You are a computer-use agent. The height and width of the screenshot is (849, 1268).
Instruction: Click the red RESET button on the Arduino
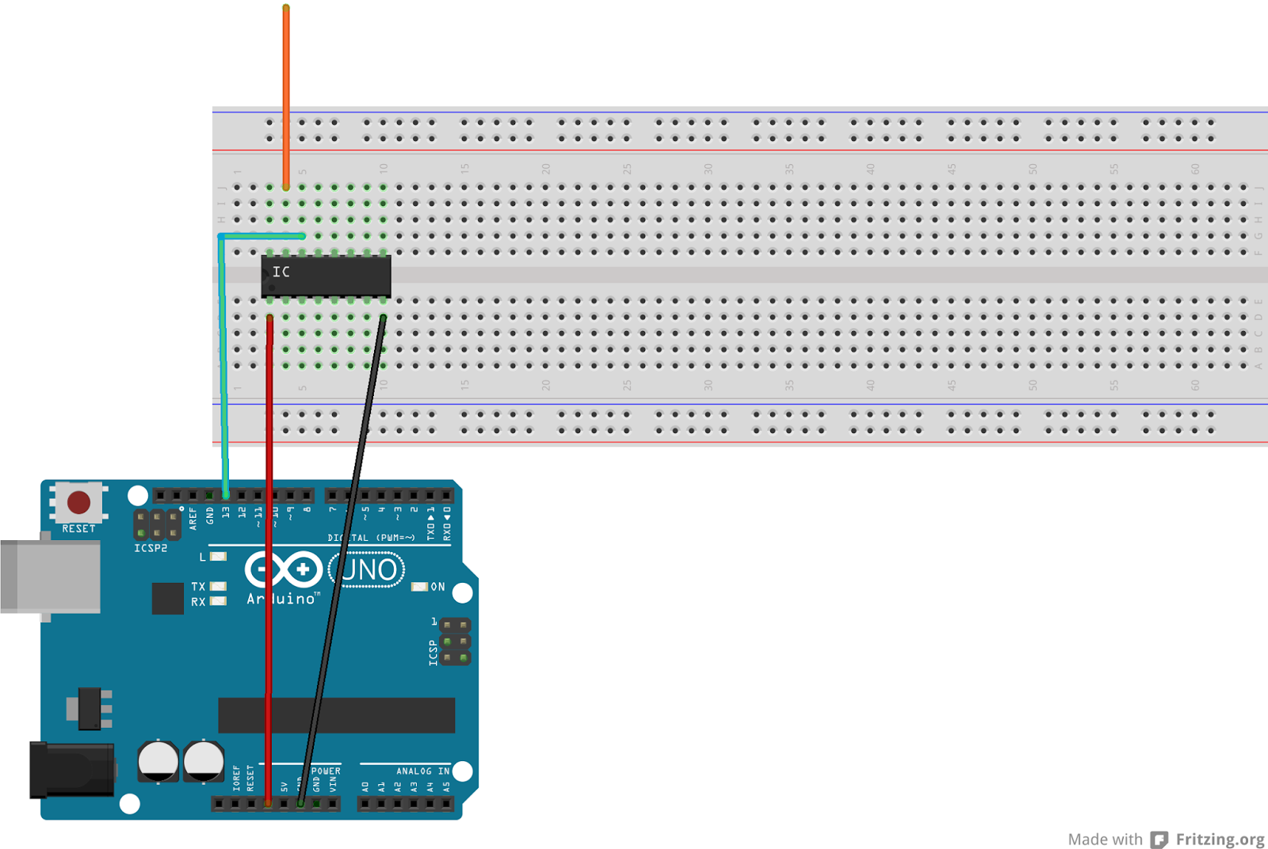[x=78, y=502]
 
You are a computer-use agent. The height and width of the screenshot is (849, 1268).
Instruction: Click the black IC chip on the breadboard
[x=326, y=276]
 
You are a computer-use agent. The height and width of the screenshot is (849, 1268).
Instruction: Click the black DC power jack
[x=71, y=770]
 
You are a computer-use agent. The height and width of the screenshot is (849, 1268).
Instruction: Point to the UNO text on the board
[x=367, y=569]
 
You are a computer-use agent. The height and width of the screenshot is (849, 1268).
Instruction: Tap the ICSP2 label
[x=151, y=548]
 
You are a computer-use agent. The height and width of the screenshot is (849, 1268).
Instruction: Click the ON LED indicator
[x=419, y=587]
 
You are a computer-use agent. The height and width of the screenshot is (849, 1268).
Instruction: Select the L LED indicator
[x=218, y=557]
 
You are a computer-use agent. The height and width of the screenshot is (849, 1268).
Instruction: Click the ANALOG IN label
[x=422, y=771]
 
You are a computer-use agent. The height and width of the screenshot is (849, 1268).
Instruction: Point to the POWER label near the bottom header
[x=326, y=771]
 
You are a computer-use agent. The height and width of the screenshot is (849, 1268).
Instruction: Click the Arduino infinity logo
[x=283, y=569]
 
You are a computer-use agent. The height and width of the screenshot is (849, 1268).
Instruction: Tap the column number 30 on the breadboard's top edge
[x=708, y=169]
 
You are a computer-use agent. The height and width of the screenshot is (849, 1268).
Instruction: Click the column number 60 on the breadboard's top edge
[x=1195, y=169]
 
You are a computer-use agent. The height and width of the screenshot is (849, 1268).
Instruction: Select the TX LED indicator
[x=218, y=586]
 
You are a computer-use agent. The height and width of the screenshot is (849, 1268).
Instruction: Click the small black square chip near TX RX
[x=167, y=598]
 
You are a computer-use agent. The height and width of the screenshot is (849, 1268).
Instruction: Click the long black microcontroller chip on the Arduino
[x=336, y=715]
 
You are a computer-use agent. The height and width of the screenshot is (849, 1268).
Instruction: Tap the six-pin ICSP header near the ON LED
[x=455, y=642]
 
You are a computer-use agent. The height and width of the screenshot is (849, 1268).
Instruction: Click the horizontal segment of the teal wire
[x=262, y=236]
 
